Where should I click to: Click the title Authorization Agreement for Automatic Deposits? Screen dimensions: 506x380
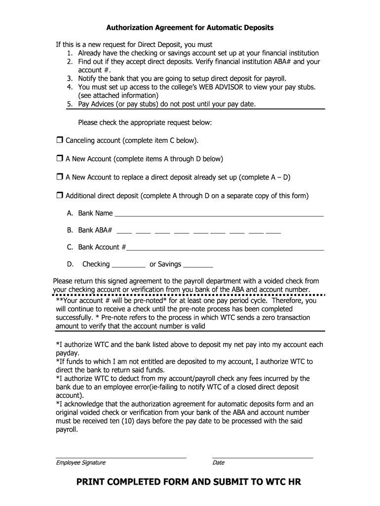click(x=190, y=28)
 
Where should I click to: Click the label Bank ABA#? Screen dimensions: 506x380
click(x=95, y=230)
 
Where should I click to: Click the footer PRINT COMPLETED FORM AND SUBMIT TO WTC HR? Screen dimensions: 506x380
click(x=189, y=482)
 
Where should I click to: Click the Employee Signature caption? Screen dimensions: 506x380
click(x=80, y=463)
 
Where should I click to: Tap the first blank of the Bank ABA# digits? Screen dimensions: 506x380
click(x=124, y=231)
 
